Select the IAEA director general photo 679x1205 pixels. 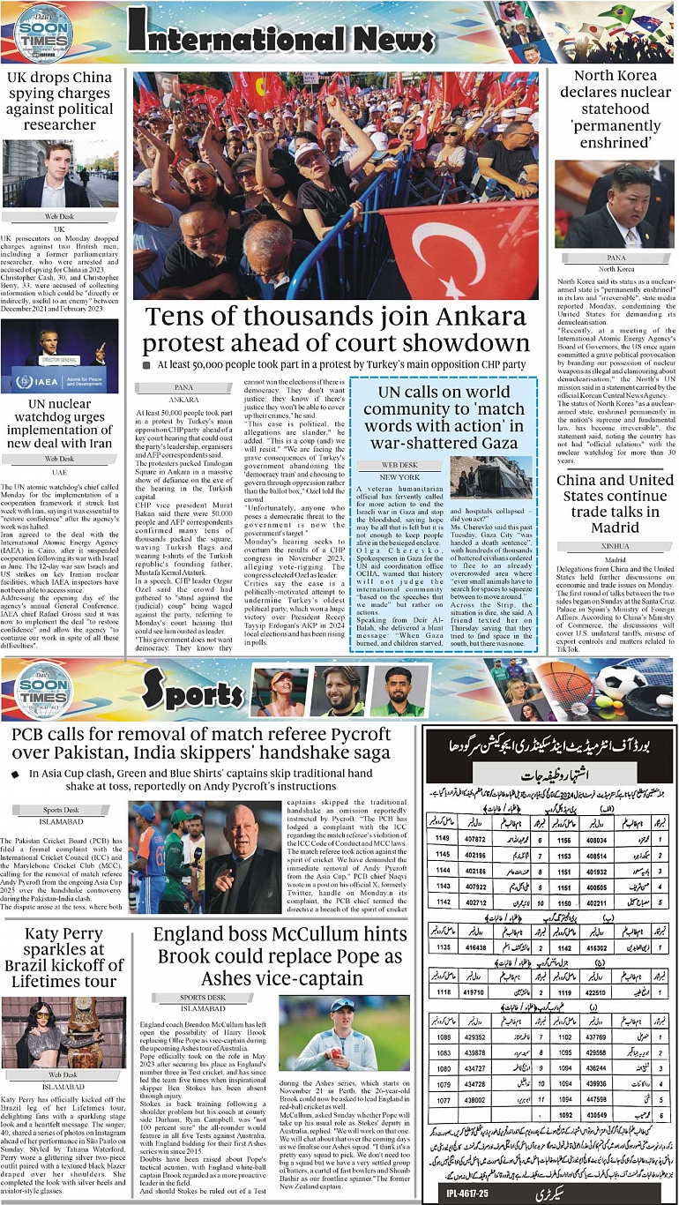(59, 356)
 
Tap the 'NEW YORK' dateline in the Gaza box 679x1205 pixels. (399, 477)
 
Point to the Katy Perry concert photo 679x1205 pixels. (63, 1033)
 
